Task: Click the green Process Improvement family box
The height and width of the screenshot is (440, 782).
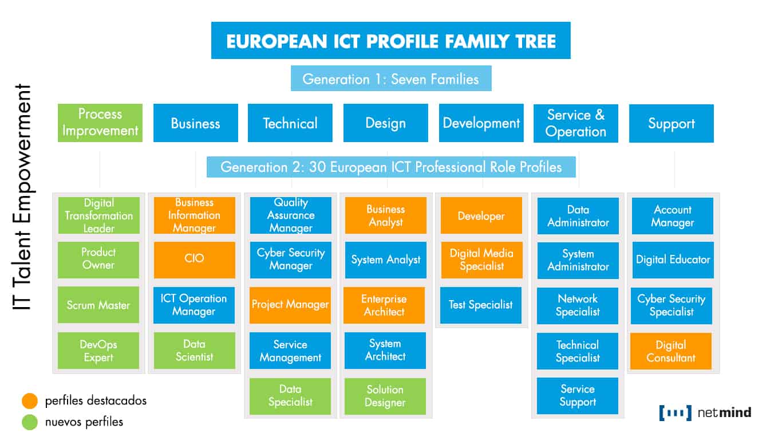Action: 100,123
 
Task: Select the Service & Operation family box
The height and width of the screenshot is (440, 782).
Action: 575,123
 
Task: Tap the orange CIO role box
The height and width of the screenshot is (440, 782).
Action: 194,260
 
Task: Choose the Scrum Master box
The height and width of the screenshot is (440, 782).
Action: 98,305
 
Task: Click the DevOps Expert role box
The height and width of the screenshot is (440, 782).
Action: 98,351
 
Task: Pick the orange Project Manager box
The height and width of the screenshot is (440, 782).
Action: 290,305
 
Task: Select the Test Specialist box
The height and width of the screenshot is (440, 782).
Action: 481,305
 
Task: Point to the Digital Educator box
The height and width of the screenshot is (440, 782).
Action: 673,260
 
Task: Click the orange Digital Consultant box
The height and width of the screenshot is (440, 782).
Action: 671,351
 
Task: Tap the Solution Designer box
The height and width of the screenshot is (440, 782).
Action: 385,396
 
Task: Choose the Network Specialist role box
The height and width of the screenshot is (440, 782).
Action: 578,305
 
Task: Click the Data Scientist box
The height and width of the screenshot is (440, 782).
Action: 194,351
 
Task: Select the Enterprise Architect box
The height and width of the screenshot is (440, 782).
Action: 384,305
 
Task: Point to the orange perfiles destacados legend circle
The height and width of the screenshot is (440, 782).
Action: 30,400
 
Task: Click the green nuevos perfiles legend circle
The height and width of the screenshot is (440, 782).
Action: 30,422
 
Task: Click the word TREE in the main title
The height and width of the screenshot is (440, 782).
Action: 529,41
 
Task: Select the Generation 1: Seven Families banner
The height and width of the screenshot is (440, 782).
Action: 391,78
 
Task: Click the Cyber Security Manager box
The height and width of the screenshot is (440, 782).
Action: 290,260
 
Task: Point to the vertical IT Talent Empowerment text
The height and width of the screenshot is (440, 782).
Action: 23,198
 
